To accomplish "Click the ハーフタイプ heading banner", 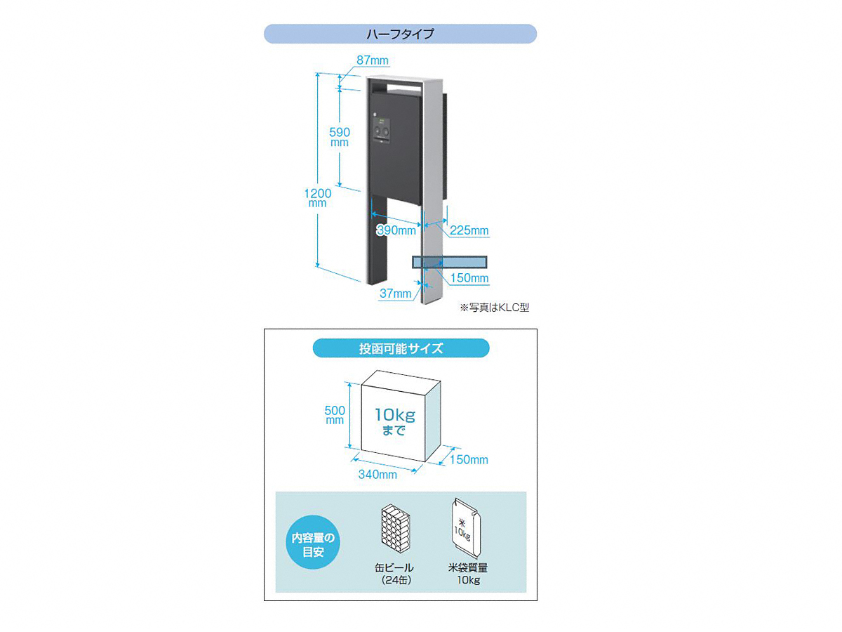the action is pyautogui.click(x=400, y=34).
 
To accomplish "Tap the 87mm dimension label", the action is pyautogui.click(x=373, y=60).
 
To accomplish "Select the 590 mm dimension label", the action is pyautogui.click(x=340, y=137).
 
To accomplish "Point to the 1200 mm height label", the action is pyautogui.click(x=318, y=197).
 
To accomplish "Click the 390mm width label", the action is pyautogui.click(x=396, y=230).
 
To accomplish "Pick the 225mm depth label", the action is pyautogui.click(x=469, y=230).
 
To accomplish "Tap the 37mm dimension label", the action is pyautogui.click(x=395, y=294).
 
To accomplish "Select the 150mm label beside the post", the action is pyautogui.click(x=469, y=278).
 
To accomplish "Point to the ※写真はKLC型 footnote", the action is pyautogui.click(x=495, y=308).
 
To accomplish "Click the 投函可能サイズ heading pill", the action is pyautogui.click(x=401, y=348).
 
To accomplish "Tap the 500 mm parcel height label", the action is pyautogui.click(x=335, y=415).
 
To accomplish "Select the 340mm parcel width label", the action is pyautogui.click(x=377, y=475).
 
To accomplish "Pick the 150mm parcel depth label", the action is pyautogui.click(x=469, y=459).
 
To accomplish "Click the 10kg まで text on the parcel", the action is pyautogui.click(x=395, y=422).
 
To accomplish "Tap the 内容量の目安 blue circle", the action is pyautogui.click(x=313, y=542).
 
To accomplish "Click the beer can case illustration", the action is pyautogui.click(x=396, y=529).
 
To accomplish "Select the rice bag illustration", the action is pyautogui.click(x=465, y=528).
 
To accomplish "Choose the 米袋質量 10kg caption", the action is pyautogui.click(x=468, y=574).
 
